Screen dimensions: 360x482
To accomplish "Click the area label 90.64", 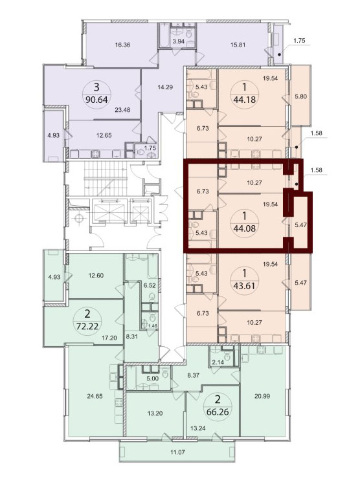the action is [96, 100].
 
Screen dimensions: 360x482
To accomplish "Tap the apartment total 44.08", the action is [245, 228].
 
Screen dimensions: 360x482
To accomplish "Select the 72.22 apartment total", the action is [87, 326].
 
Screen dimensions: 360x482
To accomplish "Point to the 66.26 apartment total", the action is [218, 411].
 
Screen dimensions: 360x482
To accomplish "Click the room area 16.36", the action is [122, 45].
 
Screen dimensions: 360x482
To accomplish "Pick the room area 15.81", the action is [238, 45].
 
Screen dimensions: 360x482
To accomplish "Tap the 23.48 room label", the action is [122, 110].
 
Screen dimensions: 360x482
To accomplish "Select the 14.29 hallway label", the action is [165, 87].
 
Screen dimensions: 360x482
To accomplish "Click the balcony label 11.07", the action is [177, 452].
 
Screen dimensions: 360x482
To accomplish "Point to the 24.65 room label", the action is [95, 396].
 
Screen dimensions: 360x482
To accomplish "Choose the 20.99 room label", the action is [262, 396].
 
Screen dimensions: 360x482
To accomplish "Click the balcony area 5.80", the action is [300, 96].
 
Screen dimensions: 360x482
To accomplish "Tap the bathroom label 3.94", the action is [179, 41].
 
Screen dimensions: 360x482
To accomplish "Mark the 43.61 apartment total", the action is [245, 285].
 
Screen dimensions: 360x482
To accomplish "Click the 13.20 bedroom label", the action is [155, 413].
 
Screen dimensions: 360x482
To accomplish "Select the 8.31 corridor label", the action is [133, 336].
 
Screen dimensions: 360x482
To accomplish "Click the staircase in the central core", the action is [106, 179].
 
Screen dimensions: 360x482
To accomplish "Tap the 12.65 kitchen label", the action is [104, 135].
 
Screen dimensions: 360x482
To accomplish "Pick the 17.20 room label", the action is [109, 338].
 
